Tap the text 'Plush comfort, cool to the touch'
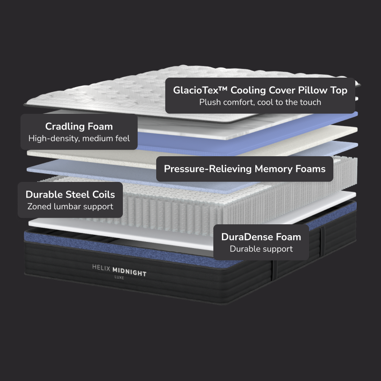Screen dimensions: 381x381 (x=260, y=102)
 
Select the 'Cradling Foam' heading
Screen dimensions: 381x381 (x=79, y=126)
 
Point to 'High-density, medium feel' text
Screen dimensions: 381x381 (x=79, y=139)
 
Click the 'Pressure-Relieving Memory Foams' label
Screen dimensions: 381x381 (x=245, y=169)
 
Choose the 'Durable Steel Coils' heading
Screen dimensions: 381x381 (x=70, y=194)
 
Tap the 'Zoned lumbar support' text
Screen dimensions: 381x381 (x=70, y=207)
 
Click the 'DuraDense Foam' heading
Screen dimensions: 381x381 (x=261, y=237)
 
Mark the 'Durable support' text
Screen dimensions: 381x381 (x=261, y=249)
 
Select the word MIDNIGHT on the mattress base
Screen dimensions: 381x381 (x=129, y=273)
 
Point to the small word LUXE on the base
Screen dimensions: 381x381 (x=119, y=278)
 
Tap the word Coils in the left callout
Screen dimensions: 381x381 (x=104, y=194)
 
